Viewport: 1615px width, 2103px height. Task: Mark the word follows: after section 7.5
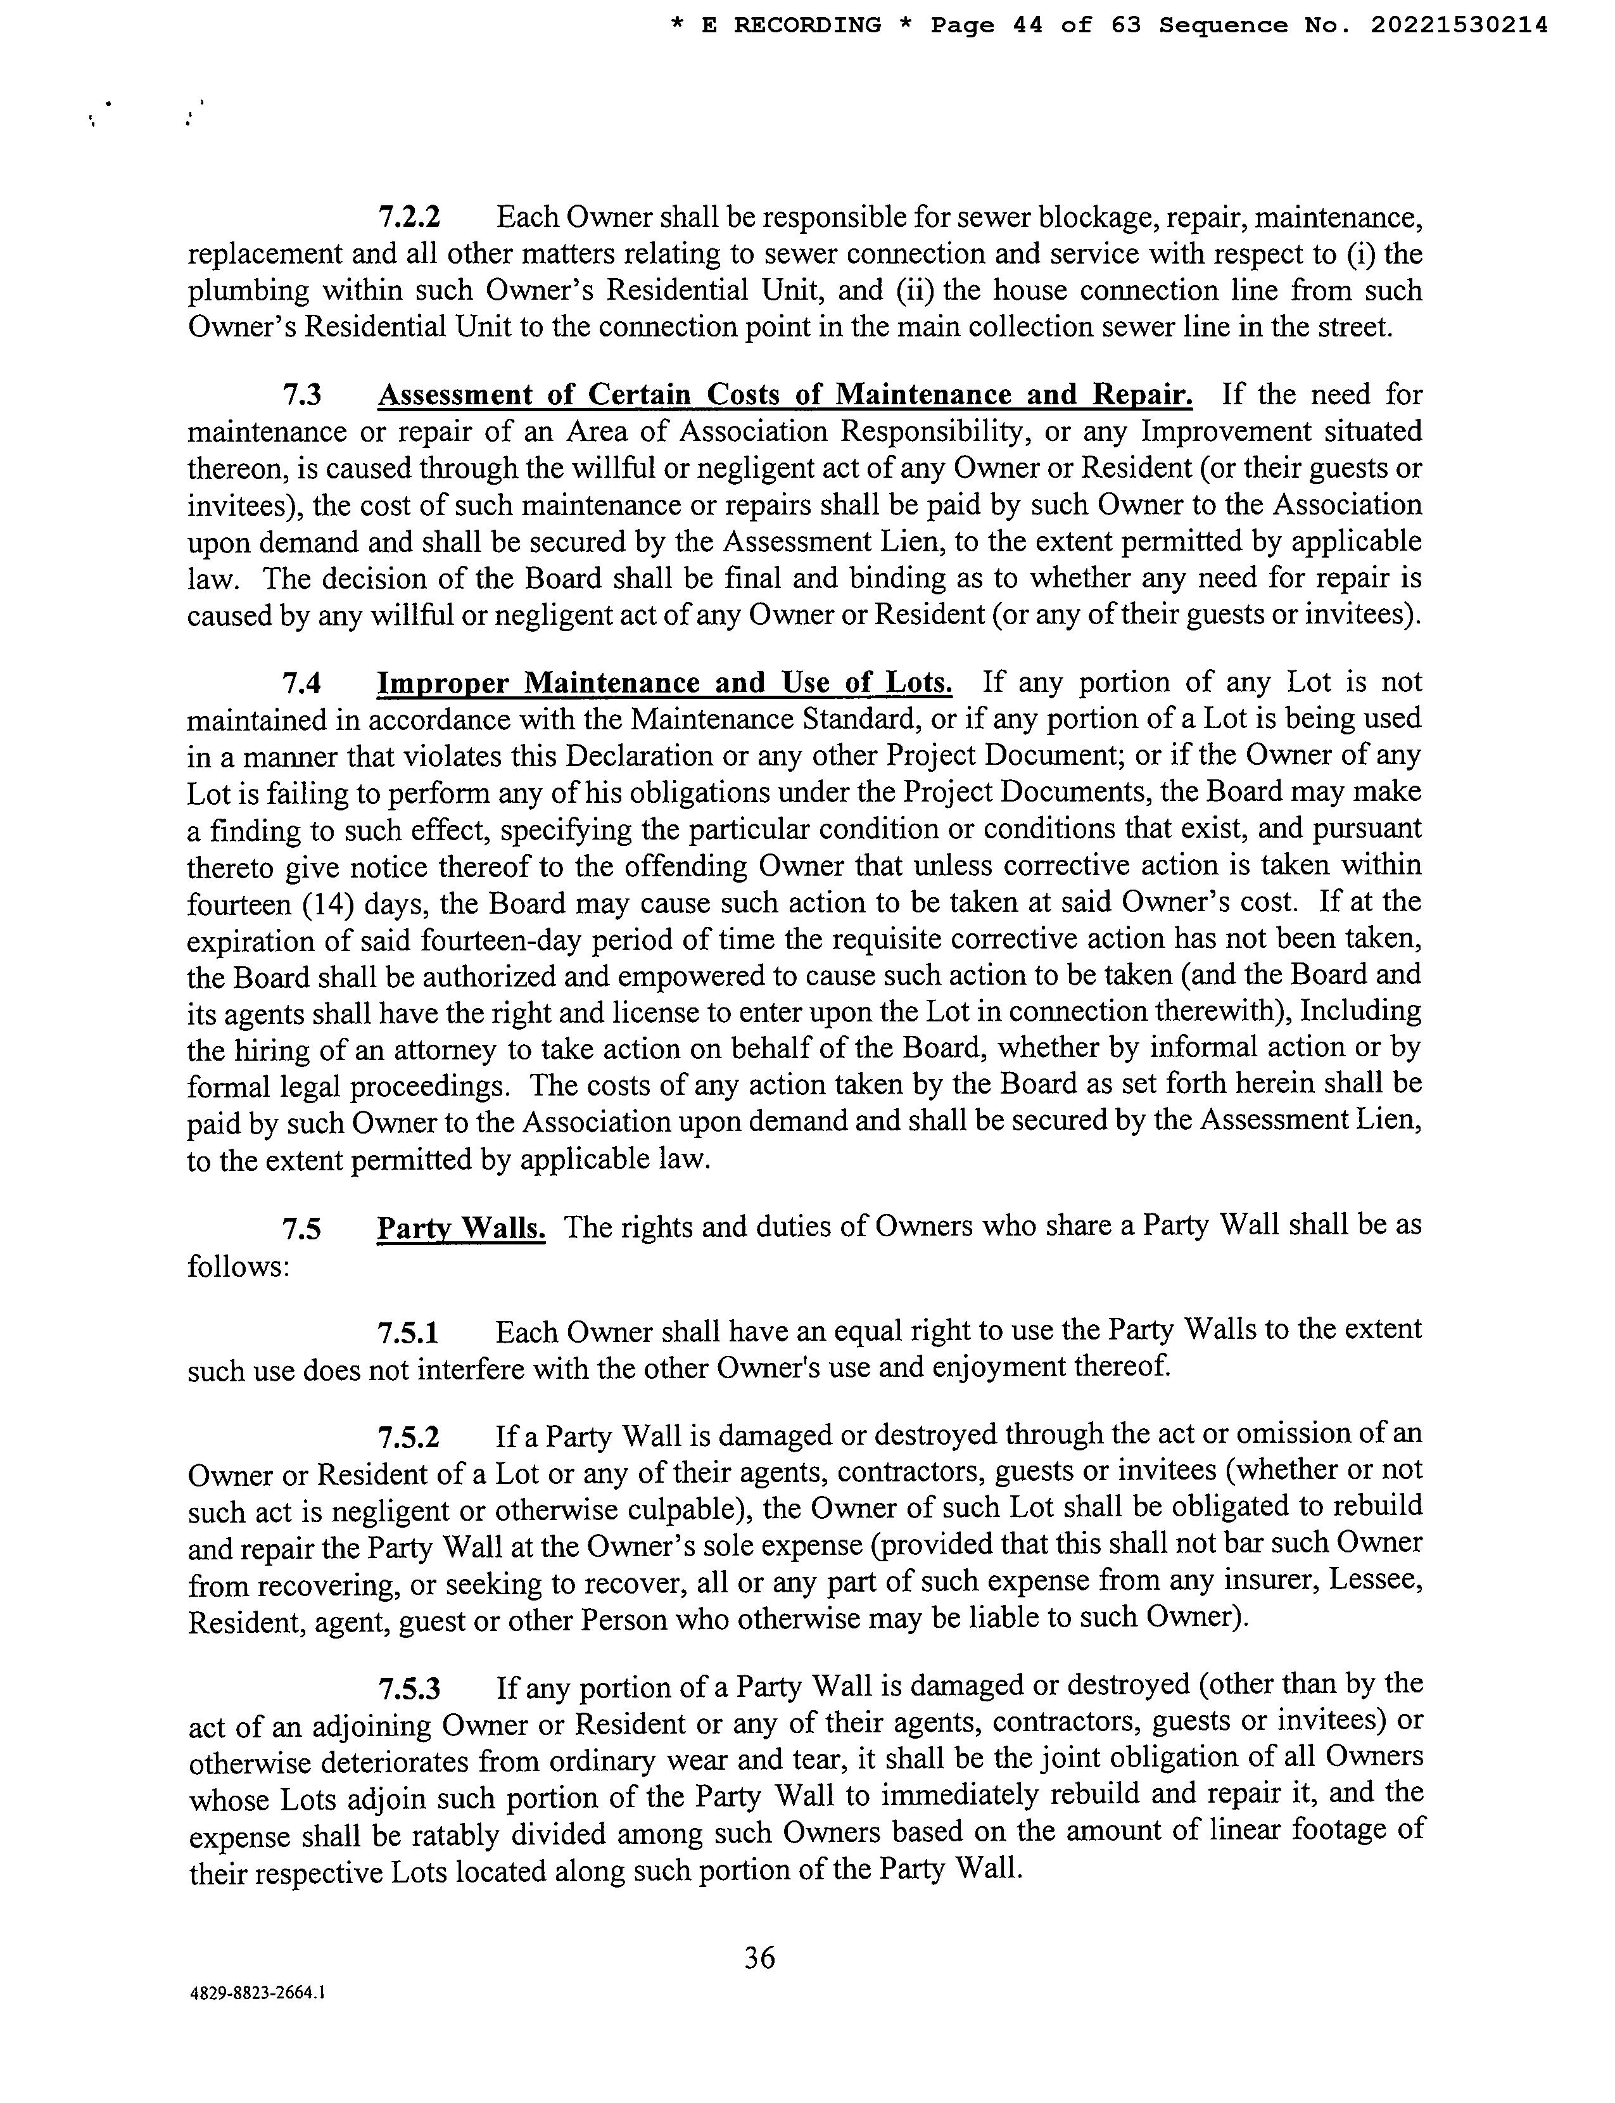click(x=238, y=1267)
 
